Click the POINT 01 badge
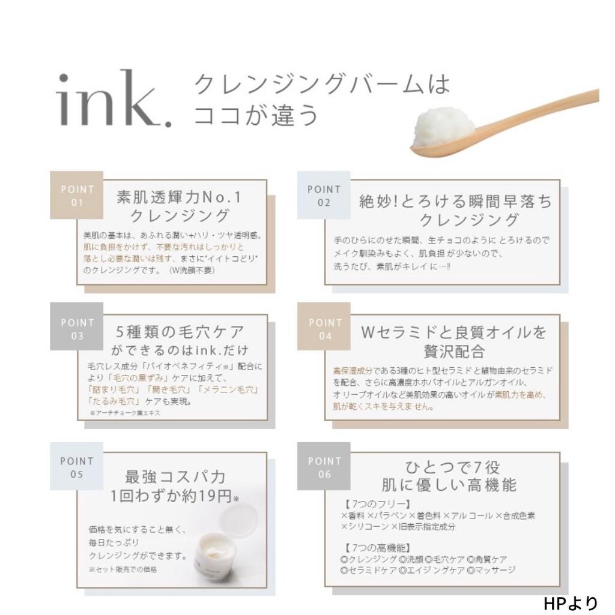click(76, 196)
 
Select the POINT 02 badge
click(324, 196)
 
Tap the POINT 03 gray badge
click(76, 329)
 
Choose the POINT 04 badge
click(325, 329)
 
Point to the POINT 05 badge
click(76, 468)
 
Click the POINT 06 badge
click(324, 468)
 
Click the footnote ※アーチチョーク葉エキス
click(126, 414)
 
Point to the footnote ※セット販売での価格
click(123, 569)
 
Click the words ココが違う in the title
click(255, 114)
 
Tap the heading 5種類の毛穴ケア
click(180, 331)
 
